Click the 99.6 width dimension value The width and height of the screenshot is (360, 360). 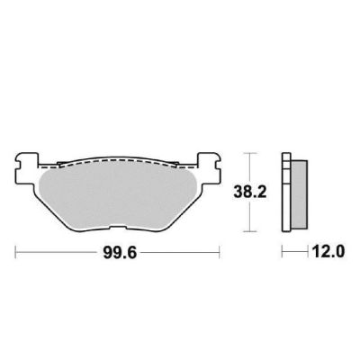(x=120, y=253)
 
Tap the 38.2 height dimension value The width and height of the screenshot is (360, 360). (x=250, y=193)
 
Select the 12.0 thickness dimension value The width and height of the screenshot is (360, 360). (x=328, y=252)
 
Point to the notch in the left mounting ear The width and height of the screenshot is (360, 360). (x=18, y=166)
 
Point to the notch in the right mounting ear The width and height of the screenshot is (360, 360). (x=219, y=166)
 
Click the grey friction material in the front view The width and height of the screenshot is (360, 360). (x=118, y=196)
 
